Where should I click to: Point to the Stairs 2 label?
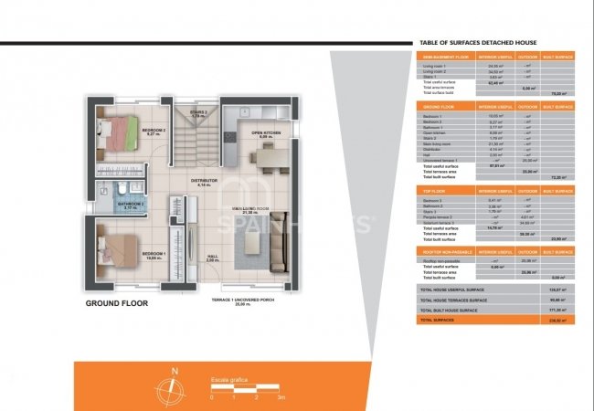tap(199, 114)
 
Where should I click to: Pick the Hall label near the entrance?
tap(211, 258)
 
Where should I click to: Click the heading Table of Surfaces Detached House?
tap(477, 43)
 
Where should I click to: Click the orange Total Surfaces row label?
tap(438, 321)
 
